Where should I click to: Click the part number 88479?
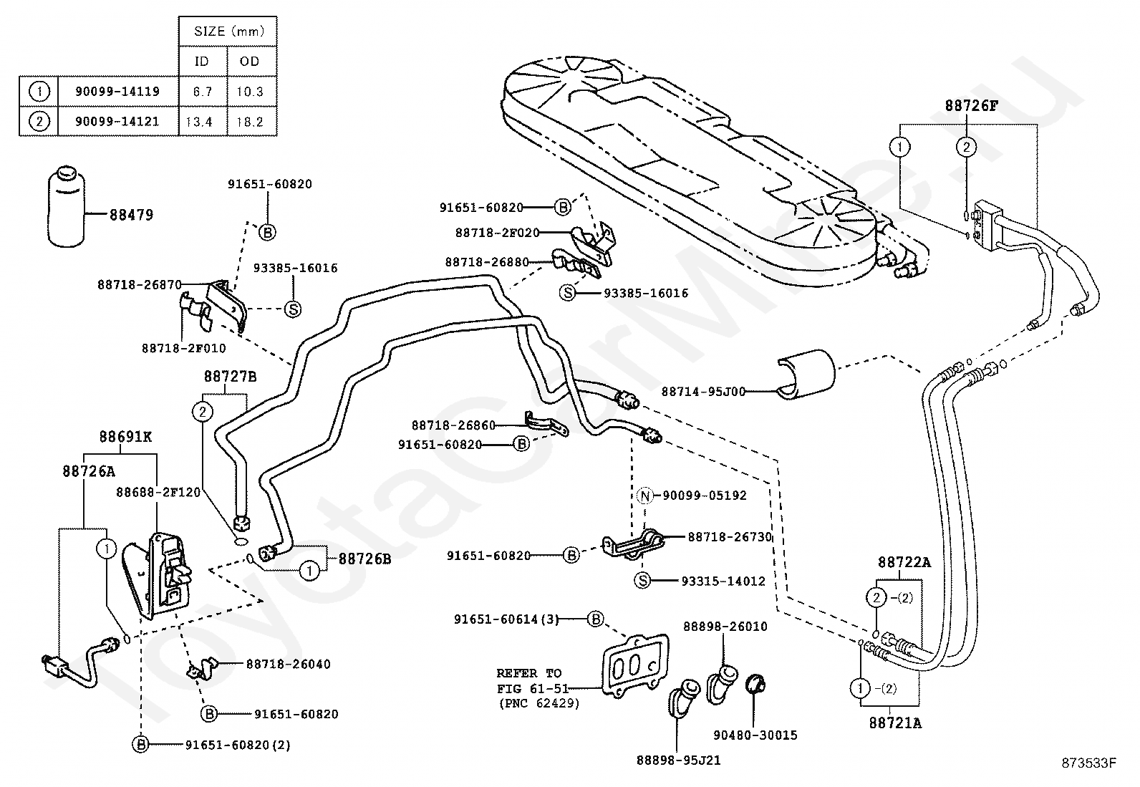pos(131,214)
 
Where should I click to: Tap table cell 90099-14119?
pos(117,92)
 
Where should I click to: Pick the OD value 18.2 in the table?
pos(250,122)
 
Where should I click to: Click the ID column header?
pos(202,62)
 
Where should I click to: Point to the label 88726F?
pos(971,105)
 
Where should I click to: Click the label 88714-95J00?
pos(703,392)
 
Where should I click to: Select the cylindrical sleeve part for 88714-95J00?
pos(806,372)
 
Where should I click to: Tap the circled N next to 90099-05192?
pos(644,496)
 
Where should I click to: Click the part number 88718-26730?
pos(730,536)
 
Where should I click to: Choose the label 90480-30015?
pos(755,735)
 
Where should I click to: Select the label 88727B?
pos(230,376)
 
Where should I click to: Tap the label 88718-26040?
pos(288,664)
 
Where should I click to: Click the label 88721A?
pos(895,723)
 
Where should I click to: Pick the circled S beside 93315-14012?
pos(643,581)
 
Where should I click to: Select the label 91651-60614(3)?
pos(507,619)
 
